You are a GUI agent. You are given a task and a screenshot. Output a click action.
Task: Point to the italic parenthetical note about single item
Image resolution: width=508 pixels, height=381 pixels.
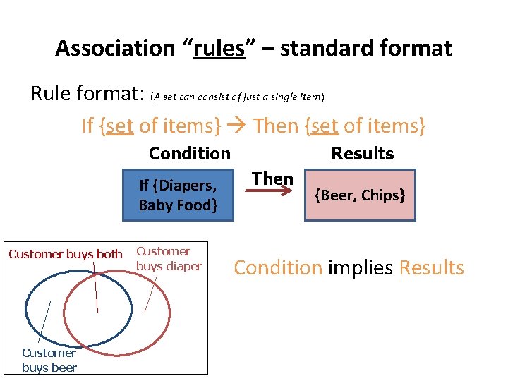237,96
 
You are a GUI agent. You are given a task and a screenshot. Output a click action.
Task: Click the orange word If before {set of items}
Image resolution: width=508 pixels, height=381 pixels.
87,126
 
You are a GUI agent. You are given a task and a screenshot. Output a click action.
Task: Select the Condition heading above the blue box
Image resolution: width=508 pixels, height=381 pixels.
189,153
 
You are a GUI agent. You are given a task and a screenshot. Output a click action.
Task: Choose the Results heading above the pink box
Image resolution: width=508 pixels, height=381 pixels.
363,153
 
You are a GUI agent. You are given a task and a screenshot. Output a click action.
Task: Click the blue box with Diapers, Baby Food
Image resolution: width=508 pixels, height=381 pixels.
177,195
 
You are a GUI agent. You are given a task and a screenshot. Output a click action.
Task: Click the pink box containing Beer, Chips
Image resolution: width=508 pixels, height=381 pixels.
360,195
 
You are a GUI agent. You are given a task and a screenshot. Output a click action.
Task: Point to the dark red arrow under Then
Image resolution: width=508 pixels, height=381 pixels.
273,190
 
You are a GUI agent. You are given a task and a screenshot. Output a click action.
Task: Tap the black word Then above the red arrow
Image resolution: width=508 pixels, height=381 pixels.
273,179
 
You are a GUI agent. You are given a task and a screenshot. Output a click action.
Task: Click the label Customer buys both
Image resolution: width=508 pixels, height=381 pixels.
65,254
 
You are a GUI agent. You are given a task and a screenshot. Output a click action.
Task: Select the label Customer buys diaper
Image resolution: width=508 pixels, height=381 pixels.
169,258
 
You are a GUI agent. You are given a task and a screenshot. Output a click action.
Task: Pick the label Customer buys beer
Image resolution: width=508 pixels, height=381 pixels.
49,360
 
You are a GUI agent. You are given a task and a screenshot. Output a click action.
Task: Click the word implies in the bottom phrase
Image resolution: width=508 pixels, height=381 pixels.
361,268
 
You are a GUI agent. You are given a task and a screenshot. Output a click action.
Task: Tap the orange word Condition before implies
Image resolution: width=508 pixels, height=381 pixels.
277,268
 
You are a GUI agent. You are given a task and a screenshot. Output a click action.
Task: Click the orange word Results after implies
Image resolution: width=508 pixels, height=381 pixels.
431,268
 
